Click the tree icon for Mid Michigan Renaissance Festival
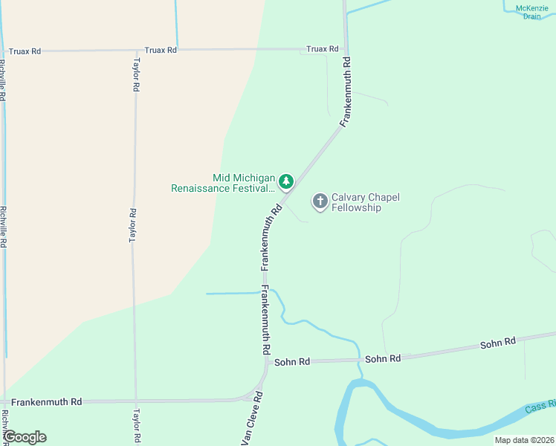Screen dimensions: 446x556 285,181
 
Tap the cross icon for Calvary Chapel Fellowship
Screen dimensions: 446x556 320,201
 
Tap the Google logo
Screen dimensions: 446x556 24,437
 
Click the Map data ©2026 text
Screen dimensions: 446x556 524,440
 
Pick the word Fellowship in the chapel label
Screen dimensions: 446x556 356,208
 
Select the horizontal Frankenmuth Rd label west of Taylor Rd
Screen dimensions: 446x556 46,401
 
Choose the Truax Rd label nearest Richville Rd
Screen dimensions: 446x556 25,51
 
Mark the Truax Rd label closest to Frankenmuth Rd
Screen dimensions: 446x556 323,49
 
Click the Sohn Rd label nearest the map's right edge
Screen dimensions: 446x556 498,343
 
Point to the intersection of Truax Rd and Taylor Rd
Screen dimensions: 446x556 135,51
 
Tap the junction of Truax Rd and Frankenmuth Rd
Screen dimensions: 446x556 346,49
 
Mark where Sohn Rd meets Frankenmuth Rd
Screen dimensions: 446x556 266,363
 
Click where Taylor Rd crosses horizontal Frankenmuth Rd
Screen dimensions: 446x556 136,401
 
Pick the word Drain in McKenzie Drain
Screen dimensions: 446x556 531,16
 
